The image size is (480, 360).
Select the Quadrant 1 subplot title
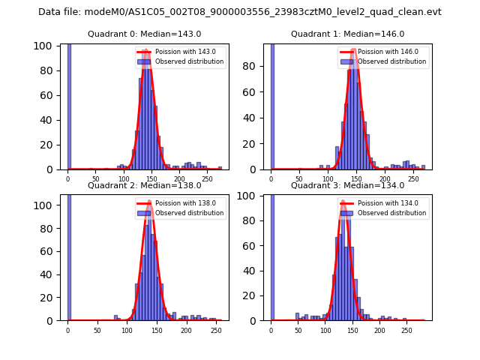coord(347,34)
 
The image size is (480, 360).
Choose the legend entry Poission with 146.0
coord(380,52)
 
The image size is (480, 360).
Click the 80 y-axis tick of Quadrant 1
coord(254,65)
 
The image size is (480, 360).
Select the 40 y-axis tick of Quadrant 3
coord(254,271)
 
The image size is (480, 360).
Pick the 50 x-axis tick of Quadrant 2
coord(97,330)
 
